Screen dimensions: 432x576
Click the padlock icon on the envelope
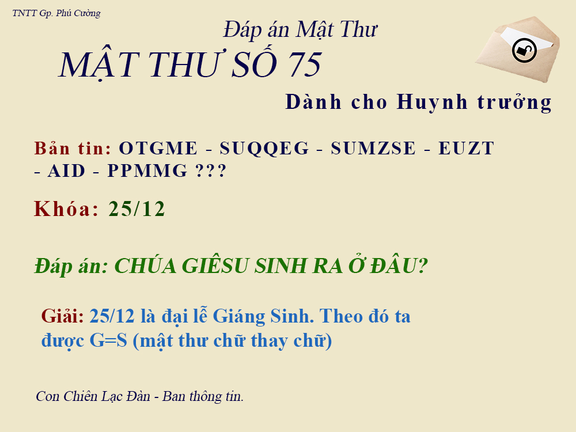point(524,50)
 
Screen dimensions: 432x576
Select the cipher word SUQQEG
point(265,149)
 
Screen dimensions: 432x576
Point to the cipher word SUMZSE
point(373,149)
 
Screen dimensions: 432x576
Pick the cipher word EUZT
point(467,149)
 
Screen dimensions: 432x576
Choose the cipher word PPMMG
point(148,171)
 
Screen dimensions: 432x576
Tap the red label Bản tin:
point(73,148)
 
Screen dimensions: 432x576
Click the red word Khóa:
point(67,209)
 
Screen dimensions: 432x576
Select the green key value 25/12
point(137,209)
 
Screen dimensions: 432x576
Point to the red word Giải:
point(63,316)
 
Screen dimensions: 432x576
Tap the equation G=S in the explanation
point(108,340)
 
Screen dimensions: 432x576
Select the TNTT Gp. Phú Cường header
point(56,13)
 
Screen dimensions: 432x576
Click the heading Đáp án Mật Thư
point(300,29)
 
